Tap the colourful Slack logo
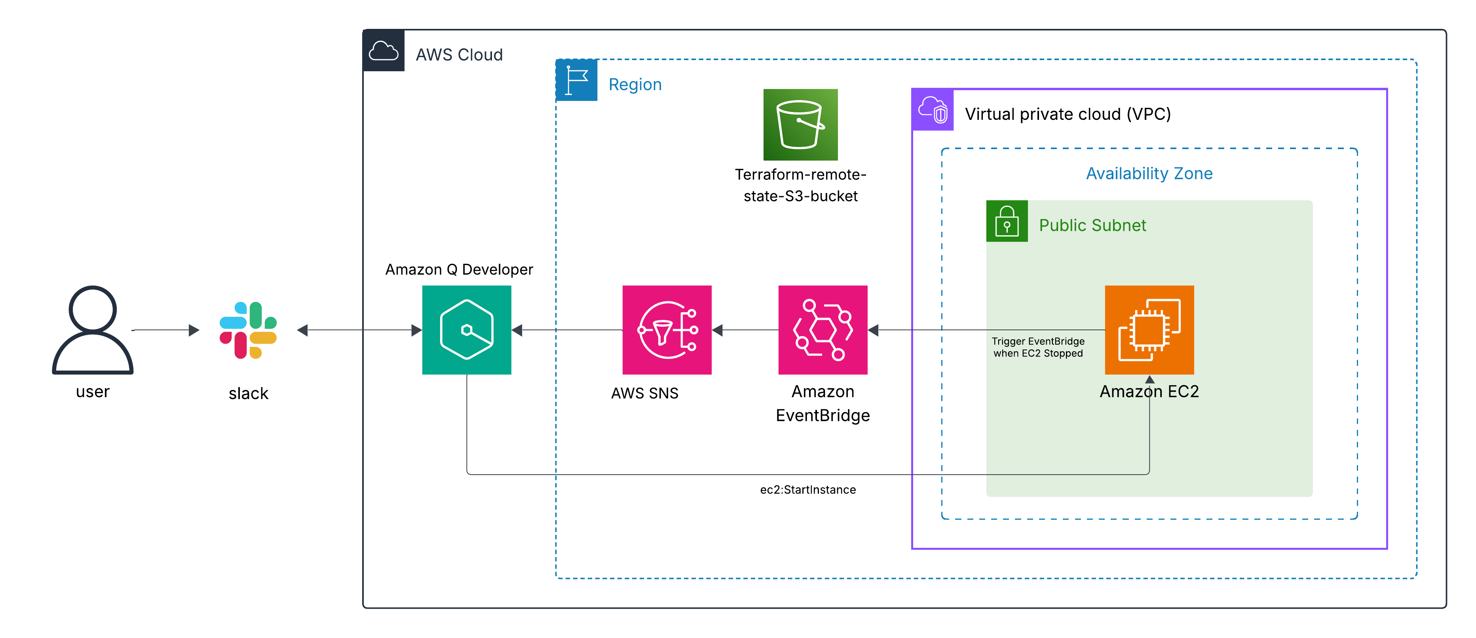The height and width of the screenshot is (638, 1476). point(248,330)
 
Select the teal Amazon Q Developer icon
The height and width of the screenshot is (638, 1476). point(466,330)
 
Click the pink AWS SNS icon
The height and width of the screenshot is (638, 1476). point(667,330)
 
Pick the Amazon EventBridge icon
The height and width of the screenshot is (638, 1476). point(823,330)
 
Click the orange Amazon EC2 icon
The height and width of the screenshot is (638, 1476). point(1149,330)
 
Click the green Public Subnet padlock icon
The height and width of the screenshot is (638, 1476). point(1007,221)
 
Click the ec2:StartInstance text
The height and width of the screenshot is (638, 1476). point(808,490)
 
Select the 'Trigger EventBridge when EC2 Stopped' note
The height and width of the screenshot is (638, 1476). point(1038,347)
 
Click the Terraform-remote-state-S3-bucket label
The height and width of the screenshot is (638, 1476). point(800,185)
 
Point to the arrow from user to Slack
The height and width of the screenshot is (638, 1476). point(166,330)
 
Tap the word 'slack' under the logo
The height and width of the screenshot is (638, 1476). point(248,394)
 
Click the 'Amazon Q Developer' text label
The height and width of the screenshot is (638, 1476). point(459,269)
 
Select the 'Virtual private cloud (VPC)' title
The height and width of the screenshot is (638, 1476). point(1068,114)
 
